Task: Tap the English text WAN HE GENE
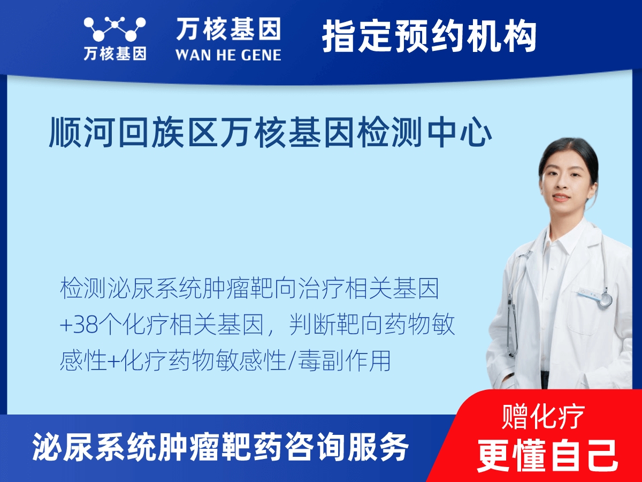pos(228,54)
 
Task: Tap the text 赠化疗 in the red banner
pos(543,416)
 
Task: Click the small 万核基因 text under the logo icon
pos(114,54)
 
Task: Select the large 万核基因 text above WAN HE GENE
pos(228,29)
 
